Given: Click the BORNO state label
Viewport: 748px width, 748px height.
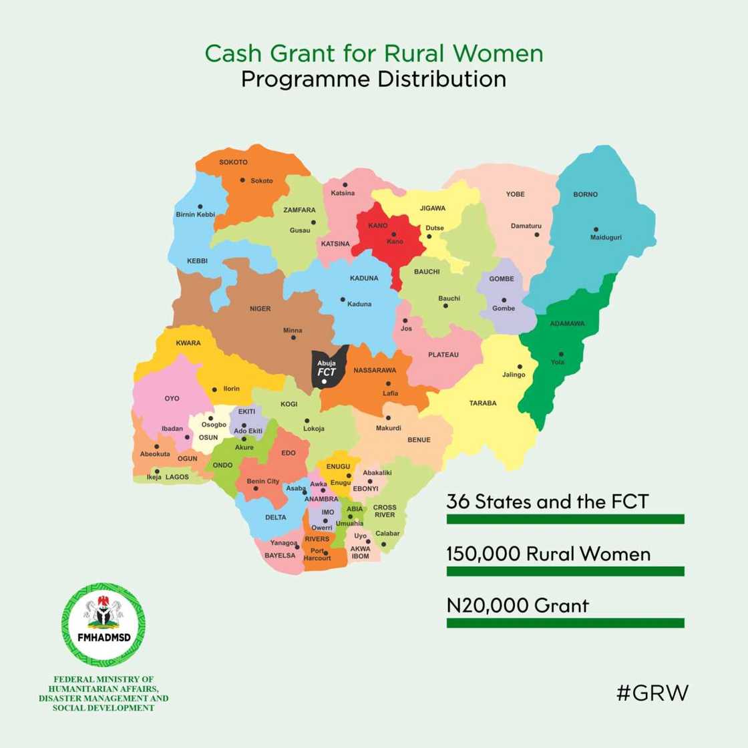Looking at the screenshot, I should click(585, 194).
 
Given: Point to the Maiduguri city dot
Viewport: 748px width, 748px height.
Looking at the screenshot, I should click(594, 229).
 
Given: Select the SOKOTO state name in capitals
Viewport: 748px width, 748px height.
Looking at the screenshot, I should click(233, 162).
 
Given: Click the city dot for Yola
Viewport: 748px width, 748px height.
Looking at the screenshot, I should click(561, 354).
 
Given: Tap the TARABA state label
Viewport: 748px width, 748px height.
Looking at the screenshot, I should click(482, 403).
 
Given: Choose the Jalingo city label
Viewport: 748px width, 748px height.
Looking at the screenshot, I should click(514, 375).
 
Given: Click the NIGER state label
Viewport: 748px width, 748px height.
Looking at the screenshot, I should click(260, 309).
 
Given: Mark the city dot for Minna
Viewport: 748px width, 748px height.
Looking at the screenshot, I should click(294, 337).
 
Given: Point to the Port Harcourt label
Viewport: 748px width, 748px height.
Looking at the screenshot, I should click(317, 554).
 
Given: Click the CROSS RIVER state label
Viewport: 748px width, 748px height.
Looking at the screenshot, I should click(384, 511).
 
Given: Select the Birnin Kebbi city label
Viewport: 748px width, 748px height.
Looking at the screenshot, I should click(195, 214).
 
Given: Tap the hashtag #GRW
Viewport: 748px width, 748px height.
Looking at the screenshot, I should click(651, 693).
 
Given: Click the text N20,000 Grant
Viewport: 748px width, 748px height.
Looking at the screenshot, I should click(518, 606).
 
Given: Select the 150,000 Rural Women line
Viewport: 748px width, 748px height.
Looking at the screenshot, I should click(548, 554).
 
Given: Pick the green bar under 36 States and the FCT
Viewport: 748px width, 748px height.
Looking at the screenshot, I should click(565, 519).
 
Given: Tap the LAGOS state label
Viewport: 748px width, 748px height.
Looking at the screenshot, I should click(177, 478).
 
